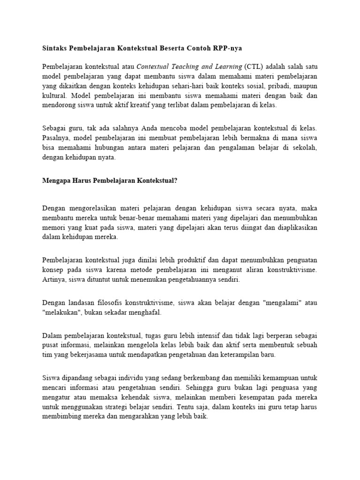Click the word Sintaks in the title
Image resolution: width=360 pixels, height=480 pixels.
[x=55, y=48]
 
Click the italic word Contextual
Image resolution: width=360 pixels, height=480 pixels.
[x=156, y=66]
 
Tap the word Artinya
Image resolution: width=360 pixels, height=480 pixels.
[x=54, y=280]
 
